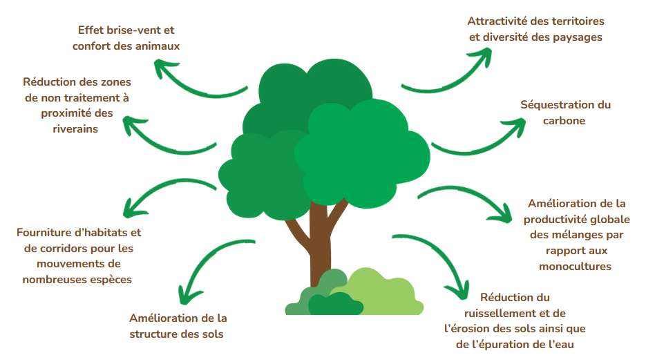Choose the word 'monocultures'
tap(575, 266)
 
